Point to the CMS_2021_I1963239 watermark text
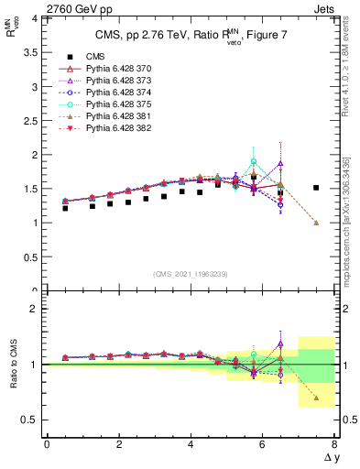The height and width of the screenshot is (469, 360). (190, 274)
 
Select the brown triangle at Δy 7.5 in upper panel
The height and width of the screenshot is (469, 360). (316, 223)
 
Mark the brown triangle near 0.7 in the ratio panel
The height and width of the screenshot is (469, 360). (316, 398)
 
